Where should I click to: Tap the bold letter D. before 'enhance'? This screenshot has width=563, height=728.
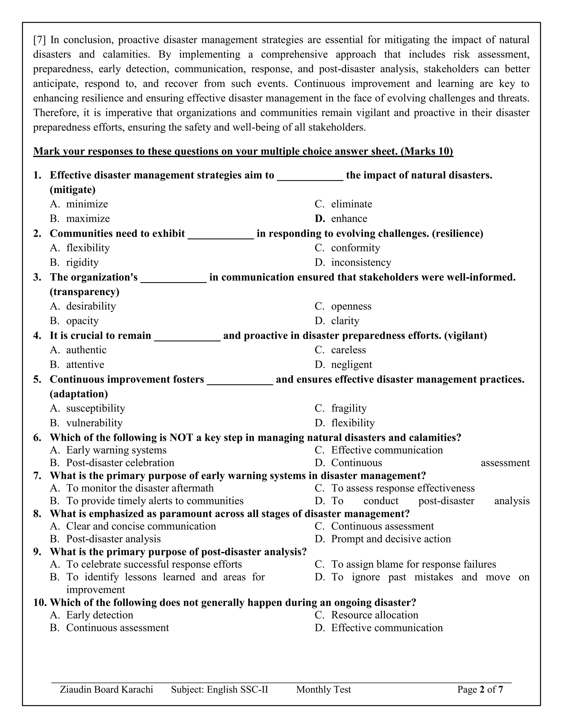319,219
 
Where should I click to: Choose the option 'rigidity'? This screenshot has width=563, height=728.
82,263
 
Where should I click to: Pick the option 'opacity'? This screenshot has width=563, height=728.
82,321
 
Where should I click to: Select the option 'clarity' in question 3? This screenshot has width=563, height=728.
345,321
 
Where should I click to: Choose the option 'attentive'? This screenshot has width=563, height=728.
85,365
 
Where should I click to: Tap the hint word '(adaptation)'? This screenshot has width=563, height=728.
79,394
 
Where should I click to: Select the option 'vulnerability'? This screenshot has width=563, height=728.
94,423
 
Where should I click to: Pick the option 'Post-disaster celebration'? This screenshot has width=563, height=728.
120,463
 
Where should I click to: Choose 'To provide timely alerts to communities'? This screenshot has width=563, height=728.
155,501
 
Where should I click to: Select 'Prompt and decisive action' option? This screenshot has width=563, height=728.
391,539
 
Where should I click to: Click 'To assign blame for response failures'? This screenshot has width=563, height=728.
413,564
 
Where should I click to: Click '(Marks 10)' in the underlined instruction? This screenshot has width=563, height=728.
427,151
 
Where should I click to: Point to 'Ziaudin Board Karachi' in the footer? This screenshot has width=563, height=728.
106,689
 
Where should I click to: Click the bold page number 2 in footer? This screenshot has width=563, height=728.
481,689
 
